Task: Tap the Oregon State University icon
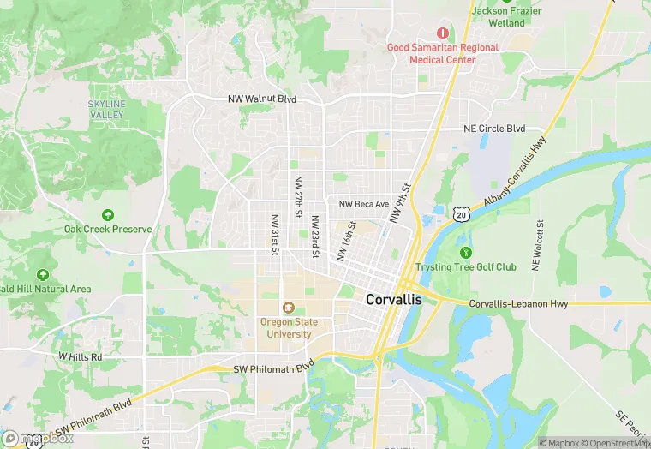point(288,308)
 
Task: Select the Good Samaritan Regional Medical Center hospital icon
point(443,33)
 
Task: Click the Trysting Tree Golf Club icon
point(465,252)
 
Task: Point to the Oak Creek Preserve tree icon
point(108,215)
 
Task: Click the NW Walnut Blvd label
point(262,99)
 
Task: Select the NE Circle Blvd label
point(493,129)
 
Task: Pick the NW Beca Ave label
point(364,204)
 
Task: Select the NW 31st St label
point(275,234)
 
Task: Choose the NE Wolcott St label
point(537,246)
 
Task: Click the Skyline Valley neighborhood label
point(106,109)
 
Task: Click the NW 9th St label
point(399,203)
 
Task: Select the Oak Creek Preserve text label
point(108,230)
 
